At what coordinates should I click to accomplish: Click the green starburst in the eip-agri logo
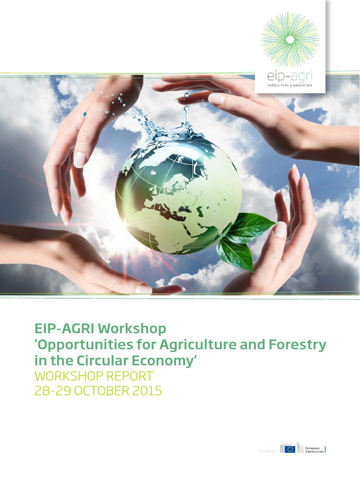[290, 40]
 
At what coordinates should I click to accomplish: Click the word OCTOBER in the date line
[101, 390]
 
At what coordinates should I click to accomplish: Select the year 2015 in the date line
[147, 390]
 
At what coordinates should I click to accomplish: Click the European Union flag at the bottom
[290, 449]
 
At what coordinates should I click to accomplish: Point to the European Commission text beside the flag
[314, 450]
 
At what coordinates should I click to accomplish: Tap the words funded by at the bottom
[267, 451]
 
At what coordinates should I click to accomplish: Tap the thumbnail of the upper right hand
[217, 99]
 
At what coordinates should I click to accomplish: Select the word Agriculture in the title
[188, 345]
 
